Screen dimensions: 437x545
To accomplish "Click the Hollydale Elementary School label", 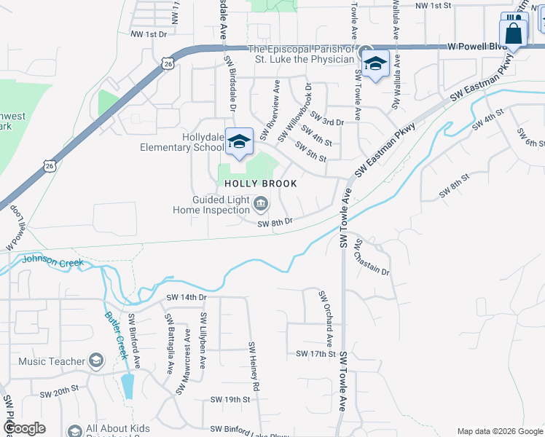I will (182, 142).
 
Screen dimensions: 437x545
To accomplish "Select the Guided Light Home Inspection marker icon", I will (261, 202).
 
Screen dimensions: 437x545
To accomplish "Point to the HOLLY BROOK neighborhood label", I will (260, 184).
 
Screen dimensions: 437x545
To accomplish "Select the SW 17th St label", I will (315, 354).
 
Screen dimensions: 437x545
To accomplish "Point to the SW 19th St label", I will (230, 400).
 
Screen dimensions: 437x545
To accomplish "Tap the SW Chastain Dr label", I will (372, 258).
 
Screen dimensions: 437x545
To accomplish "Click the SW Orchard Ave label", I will (325, 318).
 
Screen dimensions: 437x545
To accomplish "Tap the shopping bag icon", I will (513, 34).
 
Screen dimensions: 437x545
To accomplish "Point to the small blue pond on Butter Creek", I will (128, 386).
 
